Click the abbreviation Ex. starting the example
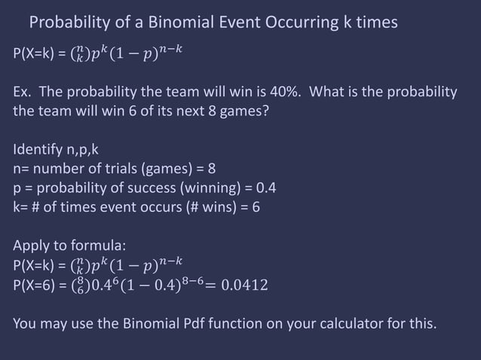(x=23, y=93)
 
